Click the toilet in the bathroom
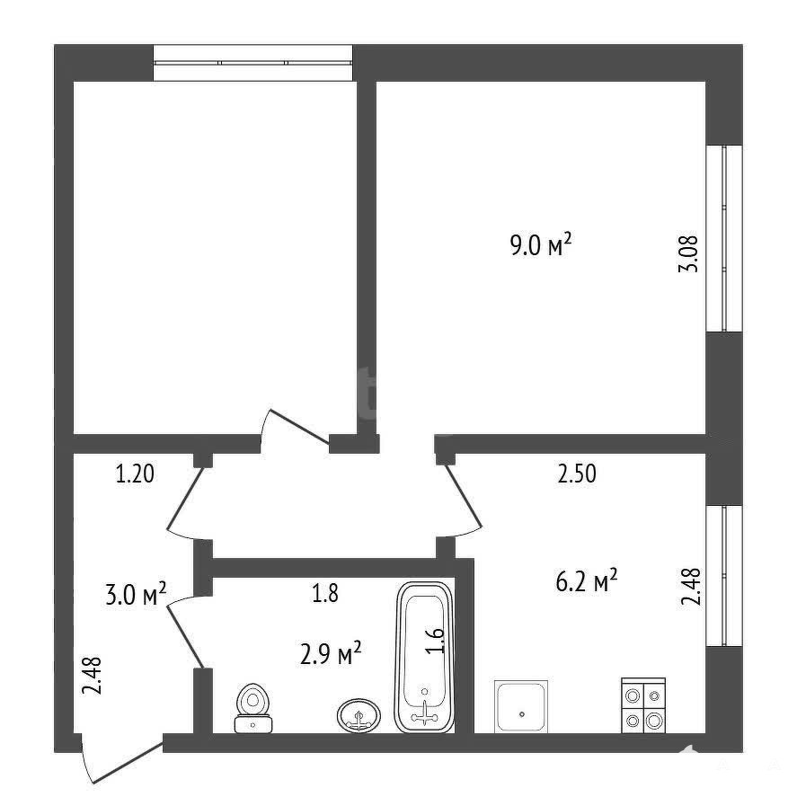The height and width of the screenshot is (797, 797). [253, 708]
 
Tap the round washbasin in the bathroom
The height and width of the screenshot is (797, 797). [359, 715]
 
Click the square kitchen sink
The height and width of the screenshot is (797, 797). [521, 706]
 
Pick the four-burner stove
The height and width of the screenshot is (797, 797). [643, 705]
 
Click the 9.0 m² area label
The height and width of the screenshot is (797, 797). [540, 245]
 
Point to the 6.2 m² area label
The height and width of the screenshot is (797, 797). [587, 580]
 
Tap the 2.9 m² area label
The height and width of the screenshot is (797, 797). [331, 652]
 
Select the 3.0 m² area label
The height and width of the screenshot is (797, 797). [136, 594]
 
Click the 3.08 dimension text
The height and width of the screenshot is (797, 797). [688, 254]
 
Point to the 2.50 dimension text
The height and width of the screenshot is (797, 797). [577, 474]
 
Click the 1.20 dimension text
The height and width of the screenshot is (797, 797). [135, 474]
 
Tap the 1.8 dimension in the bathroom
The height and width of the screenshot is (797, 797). [325, 593]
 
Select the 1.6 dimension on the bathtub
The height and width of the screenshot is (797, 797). [437, 642]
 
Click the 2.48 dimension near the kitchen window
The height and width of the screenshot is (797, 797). [691, 586]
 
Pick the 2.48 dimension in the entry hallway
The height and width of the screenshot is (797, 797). [93, 676]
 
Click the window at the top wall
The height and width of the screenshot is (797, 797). [253, 63]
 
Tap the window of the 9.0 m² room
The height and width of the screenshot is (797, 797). [724, 239]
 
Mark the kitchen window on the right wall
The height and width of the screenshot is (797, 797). [724, 576]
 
